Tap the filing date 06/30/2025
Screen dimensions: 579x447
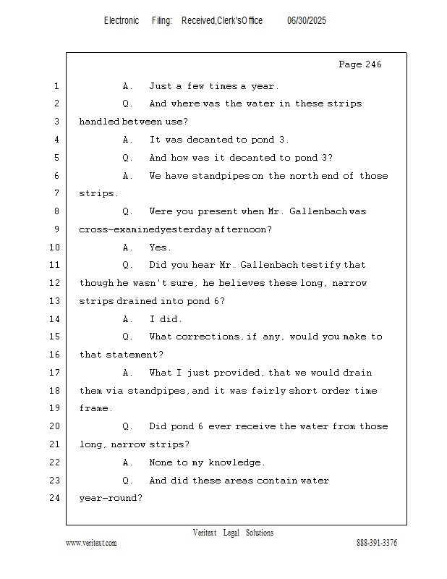coord(307,21)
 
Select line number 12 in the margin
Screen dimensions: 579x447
coord(55,283)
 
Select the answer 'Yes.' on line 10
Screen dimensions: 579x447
coord(160,248)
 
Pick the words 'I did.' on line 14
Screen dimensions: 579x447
coord(166,319)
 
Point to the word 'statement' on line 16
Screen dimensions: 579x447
coord(135,355)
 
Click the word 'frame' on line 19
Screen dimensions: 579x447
coord(95,408)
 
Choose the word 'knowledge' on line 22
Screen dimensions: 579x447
coord(237,462)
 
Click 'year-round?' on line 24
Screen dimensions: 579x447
coord(111,498)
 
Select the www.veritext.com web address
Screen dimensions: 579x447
coord(91,543)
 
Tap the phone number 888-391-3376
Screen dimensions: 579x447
coord(377,543)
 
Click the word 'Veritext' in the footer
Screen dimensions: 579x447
coord(205,533)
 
